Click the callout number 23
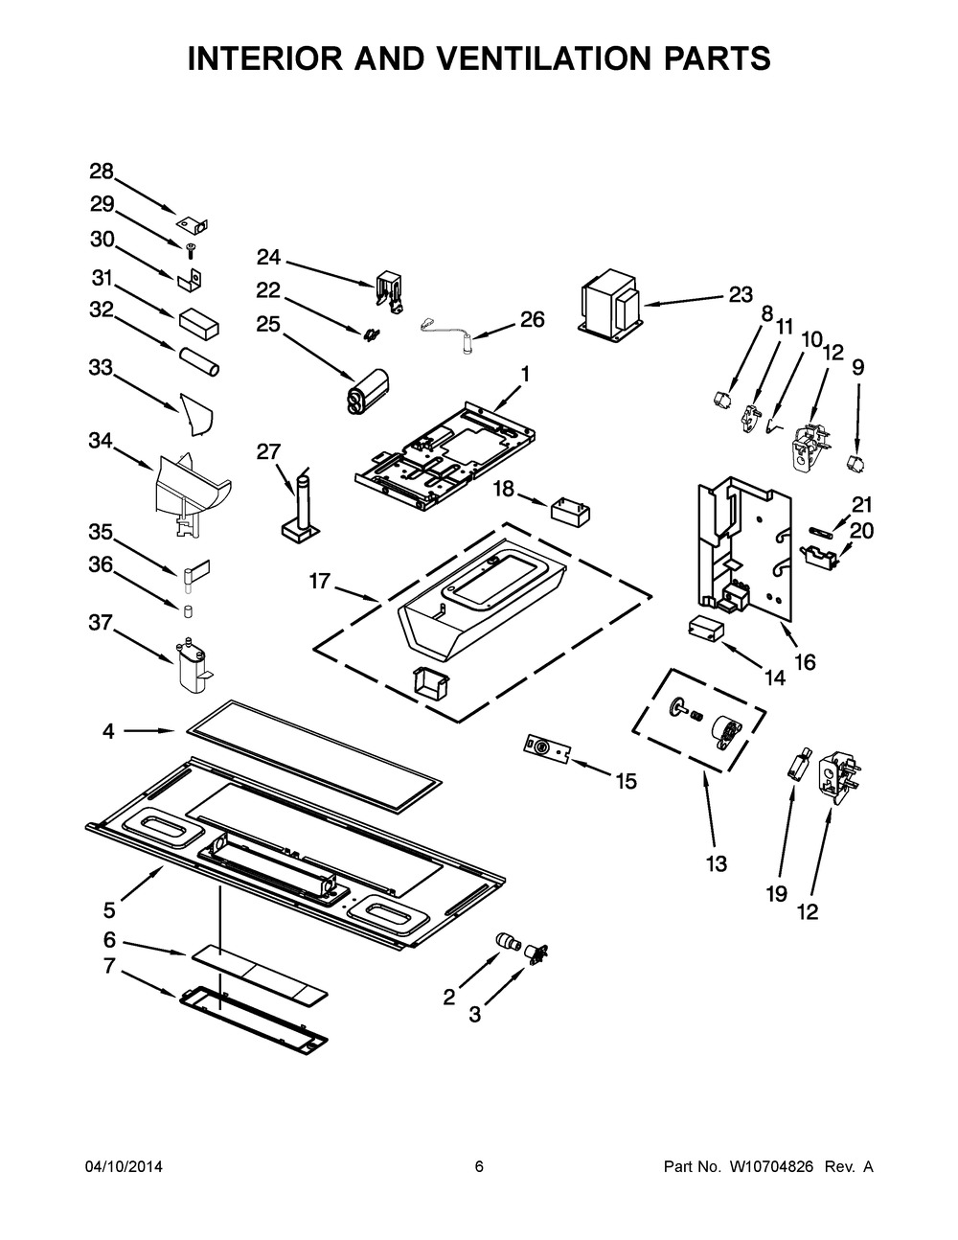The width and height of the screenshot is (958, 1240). point(741,294)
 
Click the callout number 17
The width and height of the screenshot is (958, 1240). point(320,581)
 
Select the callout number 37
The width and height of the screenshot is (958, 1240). point(101,624)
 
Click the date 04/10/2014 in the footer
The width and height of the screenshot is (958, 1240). point(124,1166)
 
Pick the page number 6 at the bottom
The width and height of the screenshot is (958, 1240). point(479,1166)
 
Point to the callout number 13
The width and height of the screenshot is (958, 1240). point(716,863)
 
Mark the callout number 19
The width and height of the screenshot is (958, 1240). point(775,893)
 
